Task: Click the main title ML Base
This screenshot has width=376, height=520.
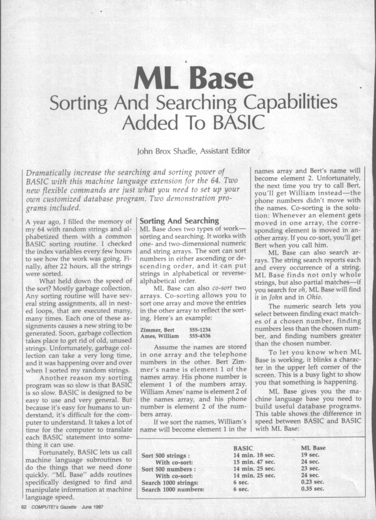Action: point(188,78)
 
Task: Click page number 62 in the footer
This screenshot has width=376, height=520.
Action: point(24,507)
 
